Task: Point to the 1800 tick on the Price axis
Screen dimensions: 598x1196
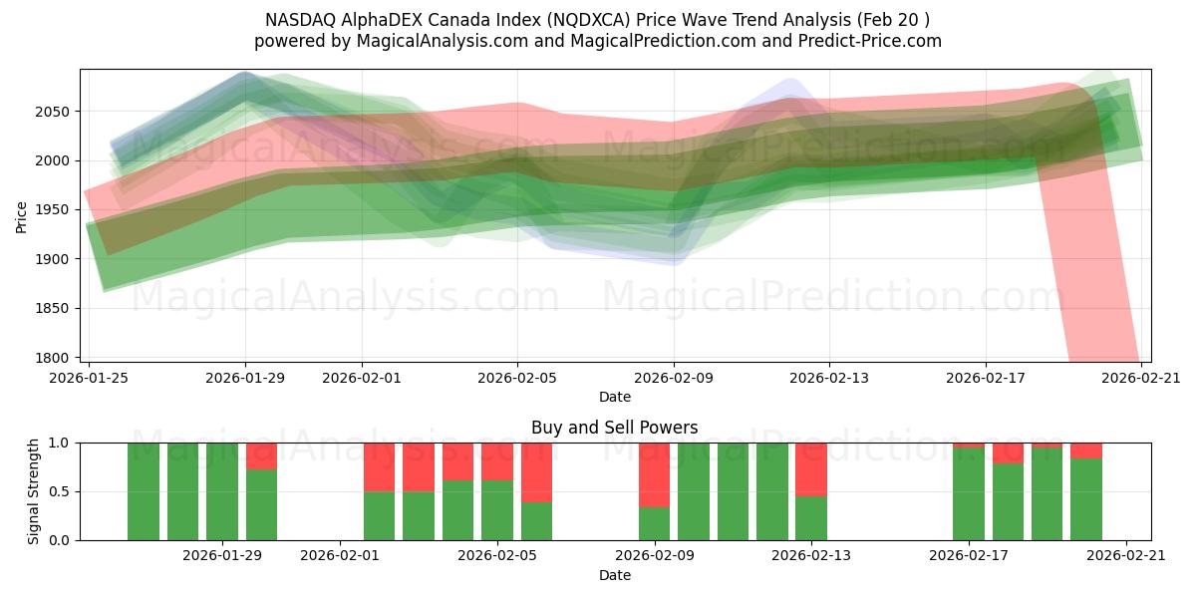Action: (59, 358)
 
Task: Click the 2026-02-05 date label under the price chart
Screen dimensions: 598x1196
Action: (517, 378)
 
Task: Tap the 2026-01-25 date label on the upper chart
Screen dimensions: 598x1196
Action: (90, 378)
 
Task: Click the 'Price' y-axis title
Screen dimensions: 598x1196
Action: (22, 215)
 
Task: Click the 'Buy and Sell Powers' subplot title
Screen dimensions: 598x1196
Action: (614, 428)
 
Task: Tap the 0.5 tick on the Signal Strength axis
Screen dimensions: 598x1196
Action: (59, 491)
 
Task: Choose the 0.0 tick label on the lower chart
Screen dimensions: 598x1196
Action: (59, 540)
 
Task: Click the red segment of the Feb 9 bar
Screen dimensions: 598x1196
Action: (654, 474)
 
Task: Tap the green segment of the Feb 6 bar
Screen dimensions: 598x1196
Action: (536, 521)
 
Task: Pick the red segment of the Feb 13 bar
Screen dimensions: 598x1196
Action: (811, 468)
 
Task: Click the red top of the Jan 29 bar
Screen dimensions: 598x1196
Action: (261, 455)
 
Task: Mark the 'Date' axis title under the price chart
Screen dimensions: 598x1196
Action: (614, 397)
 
